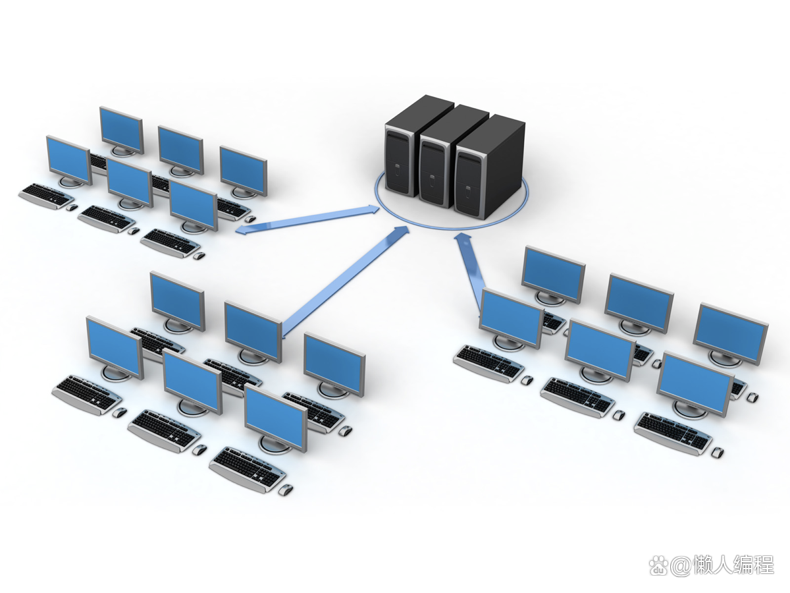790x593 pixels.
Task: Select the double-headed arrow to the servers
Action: (x=307, y=219)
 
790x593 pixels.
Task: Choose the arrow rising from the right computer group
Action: (x=471, y=270)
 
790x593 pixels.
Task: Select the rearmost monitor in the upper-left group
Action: (x=122, y=131)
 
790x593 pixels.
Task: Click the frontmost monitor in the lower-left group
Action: (x=276, y=420)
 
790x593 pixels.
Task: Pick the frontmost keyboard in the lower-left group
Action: (x=247, y=469)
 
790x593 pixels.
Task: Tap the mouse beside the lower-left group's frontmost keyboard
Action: (x=286, y=490)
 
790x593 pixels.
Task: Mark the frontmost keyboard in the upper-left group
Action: (x=171, y=242)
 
